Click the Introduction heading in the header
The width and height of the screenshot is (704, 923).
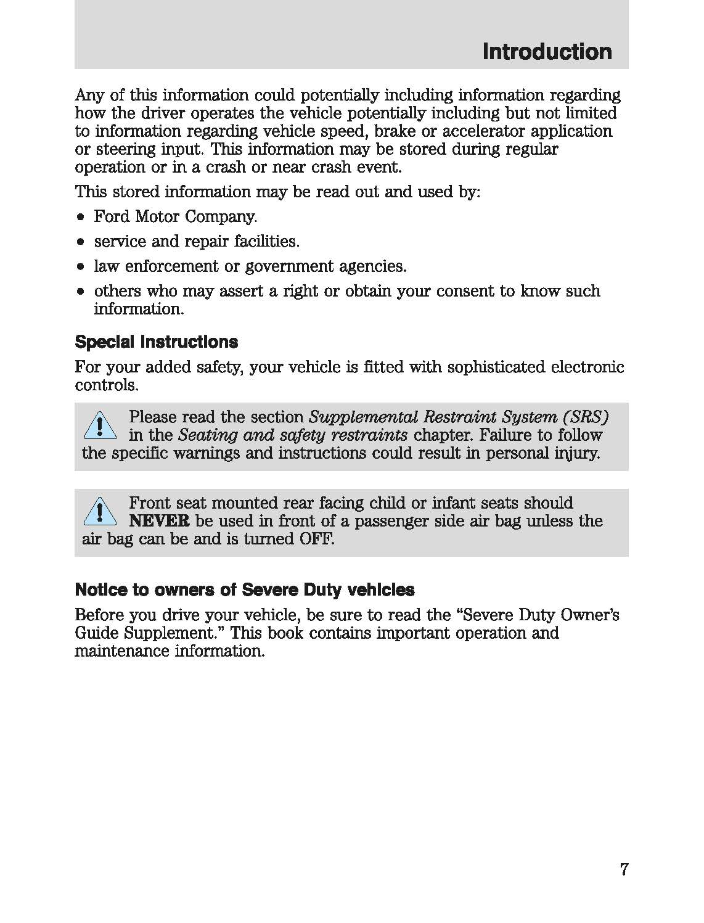(547, 52)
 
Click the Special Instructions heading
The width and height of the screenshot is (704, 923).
(156, 342)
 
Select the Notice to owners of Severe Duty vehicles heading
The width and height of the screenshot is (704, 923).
(244, 590)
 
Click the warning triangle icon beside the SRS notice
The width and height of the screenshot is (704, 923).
(99, 427)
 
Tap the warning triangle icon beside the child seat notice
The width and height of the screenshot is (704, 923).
(99, 512)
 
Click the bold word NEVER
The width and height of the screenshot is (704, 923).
(159, 521)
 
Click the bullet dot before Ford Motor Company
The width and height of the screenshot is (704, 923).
(81, 218)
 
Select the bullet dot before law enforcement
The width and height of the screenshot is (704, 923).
(81, 267)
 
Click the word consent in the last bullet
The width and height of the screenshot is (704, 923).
(466, 291)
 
